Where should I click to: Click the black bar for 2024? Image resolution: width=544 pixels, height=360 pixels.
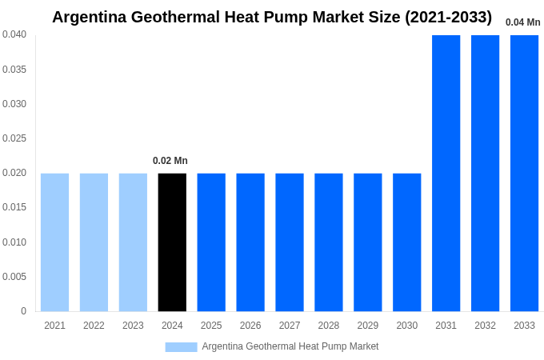[x=172, y=242]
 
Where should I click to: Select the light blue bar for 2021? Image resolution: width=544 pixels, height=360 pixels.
[x=54, y=242]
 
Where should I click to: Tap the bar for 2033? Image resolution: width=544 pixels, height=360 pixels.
[x=524, y=173]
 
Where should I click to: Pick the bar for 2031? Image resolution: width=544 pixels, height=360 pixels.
[x=446, y=173]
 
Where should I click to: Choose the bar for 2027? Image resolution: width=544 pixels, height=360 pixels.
[x=290, y=242]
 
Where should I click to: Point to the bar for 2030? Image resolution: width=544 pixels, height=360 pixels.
[x=406, y=242]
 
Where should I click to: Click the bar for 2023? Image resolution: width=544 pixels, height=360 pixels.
[x=133, y=242]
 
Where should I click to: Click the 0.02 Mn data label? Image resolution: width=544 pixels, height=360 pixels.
[x=170, y=161]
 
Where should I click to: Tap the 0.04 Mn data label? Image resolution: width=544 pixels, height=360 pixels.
[x=522, y=22]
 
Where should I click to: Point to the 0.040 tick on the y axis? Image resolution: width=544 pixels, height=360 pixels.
[x=14, y=34]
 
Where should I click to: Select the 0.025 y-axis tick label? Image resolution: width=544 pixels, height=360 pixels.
[x=14, y=138]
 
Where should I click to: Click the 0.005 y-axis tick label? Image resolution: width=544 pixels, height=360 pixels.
[x=14, y=277]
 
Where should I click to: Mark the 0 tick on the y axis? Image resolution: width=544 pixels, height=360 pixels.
[x=23, y=311]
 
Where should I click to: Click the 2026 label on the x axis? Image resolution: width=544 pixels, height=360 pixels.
[x=250, y=326]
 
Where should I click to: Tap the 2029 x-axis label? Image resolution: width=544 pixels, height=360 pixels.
[x=368, y=326]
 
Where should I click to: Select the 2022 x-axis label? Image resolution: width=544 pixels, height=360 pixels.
[x=94, y=326]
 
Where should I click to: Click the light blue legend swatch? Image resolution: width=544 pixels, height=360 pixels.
[x=181, y=346]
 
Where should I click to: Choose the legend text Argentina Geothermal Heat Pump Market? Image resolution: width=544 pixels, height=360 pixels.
[x=290, y=346]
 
